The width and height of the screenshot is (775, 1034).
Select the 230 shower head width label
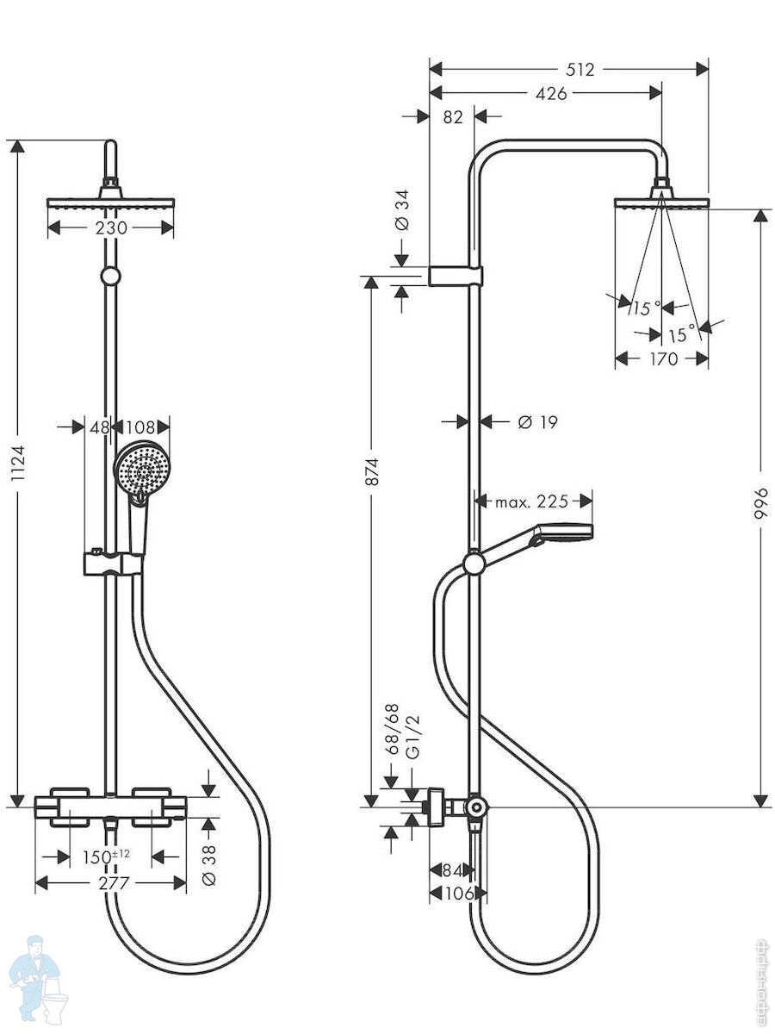[x=111, y=228]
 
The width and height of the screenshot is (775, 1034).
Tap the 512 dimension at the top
[x=580, y=70]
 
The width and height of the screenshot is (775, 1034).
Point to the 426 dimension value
[x=551, y=94]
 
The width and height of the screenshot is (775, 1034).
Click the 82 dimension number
[x=453, y=117]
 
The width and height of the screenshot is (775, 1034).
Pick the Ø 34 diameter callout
[x=402, y=209]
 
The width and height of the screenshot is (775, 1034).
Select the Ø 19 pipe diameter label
[x=537, y=422]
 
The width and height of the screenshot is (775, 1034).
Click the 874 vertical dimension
[x=372, y=471]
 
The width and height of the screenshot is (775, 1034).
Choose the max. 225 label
[x=531, y=501]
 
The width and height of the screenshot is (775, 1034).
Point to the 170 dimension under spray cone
[x=664, y=358]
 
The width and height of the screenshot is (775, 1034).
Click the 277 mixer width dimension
[x=114, y=883]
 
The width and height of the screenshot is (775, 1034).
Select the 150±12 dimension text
[x=106, y=856]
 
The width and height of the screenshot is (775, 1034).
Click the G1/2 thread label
[x=412, y=738]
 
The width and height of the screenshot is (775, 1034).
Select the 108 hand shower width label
[x=140, y=427]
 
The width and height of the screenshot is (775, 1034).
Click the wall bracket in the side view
[x=456, y=276]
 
